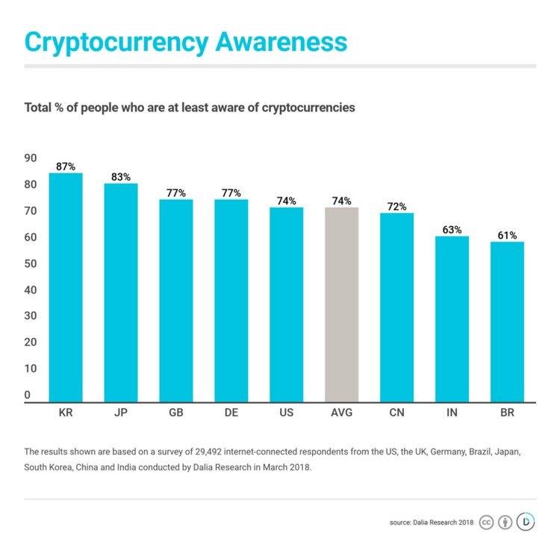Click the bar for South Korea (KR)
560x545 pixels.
(x=66, y=288)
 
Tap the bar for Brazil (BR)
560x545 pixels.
(x=507, y=321)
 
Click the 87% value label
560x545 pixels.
(x=66, y=167)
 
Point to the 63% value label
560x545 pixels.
(x=452, y=230)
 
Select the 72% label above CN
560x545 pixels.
(x=396, y=206)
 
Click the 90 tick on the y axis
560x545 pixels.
(x=31, y=158)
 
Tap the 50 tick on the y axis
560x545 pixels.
(x=31, y=263)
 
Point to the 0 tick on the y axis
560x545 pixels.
(x=28, y=395)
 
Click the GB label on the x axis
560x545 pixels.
(x=176, y=413)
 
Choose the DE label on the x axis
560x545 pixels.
(x=231, y=413)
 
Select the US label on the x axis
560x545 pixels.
(x=287, y=413)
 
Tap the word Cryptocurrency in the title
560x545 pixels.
(x=116, y=43)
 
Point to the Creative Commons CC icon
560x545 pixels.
(x=486, y=522)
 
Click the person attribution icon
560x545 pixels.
(x=505, y=522)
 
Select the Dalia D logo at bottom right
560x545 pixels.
(x=526, y=521)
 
